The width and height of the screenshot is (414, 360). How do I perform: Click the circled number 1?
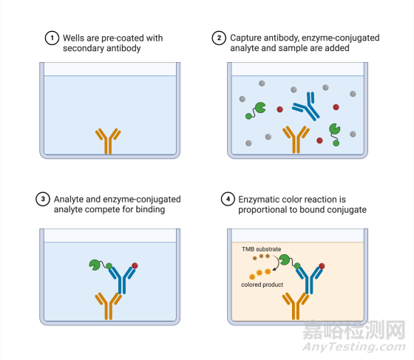52,38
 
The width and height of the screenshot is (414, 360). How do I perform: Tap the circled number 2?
219,38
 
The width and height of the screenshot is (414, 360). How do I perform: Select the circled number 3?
43,199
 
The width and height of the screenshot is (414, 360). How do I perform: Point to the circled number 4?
228,199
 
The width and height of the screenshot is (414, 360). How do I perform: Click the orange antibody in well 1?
108,142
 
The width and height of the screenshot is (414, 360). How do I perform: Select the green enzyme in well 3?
95,265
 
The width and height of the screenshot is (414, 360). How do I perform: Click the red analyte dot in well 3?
135,265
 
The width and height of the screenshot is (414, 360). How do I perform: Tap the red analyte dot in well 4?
322,266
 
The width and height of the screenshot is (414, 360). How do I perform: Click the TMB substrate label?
262,249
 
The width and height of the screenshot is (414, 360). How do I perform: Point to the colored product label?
262,285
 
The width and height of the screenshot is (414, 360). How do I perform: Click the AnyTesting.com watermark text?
354,347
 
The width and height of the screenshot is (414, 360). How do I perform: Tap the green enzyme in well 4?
285,259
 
